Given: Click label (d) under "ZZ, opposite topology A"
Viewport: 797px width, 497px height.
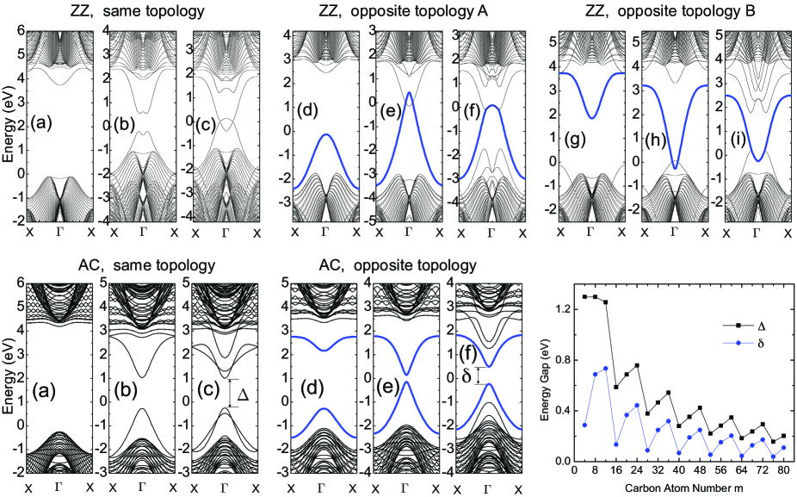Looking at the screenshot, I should click(308, 112).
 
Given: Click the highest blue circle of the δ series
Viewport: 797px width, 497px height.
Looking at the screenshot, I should click(606, 368).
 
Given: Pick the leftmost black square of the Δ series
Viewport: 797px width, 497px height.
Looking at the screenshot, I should click(584, 296).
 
